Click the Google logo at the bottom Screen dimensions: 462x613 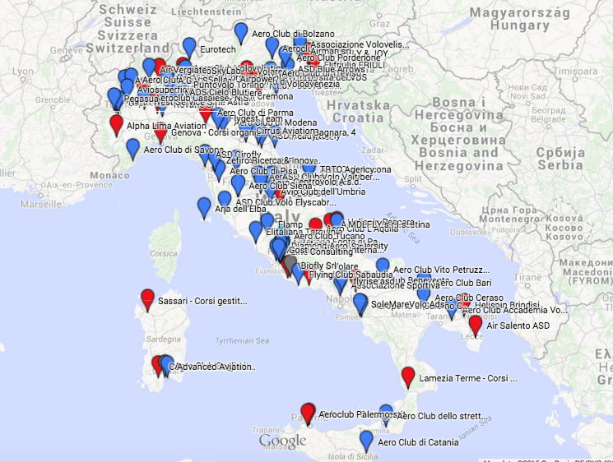tap(282, 442)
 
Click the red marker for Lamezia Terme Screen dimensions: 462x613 tap(407, 377)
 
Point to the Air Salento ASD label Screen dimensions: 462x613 tap(518, 326)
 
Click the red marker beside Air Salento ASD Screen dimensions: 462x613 tap(476, 325)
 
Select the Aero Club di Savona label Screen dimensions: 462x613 tap(183, 150)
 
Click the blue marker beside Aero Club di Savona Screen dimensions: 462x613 tap(132, 149)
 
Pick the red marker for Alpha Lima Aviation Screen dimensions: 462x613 tap(116, 125)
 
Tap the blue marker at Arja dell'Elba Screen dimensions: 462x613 tap(204, 207)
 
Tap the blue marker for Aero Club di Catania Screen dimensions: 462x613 tap(367, 441)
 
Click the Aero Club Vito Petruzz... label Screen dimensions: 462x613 tap(441, 270)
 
